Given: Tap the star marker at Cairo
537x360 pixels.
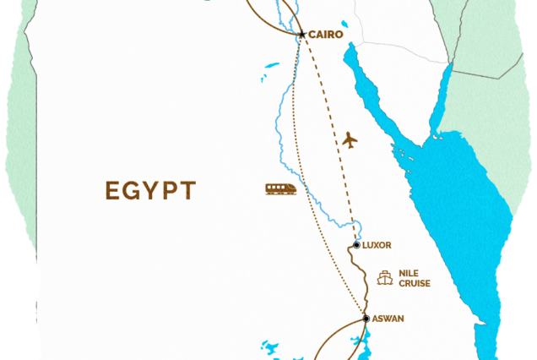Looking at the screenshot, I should (301, 35).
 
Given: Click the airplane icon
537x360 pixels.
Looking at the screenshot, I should (350, 140).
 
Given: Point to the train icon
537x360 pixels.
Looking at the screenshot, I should (280, 189).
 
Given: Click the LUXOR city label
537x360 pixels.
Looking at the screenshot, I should (377, 246).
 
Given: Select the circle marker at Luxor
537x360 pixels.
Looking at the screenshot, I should (356, 246).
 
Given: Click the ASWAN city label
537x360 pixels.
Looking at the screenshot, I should (388, 319).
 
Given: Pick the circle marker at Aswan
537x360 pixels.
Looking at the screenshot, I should (366, 319).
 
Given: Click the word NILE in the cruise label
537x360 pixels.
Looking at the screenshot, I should (410, 273).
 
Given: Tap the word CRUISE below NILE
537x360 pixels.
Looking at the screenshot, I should (415, 283).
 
